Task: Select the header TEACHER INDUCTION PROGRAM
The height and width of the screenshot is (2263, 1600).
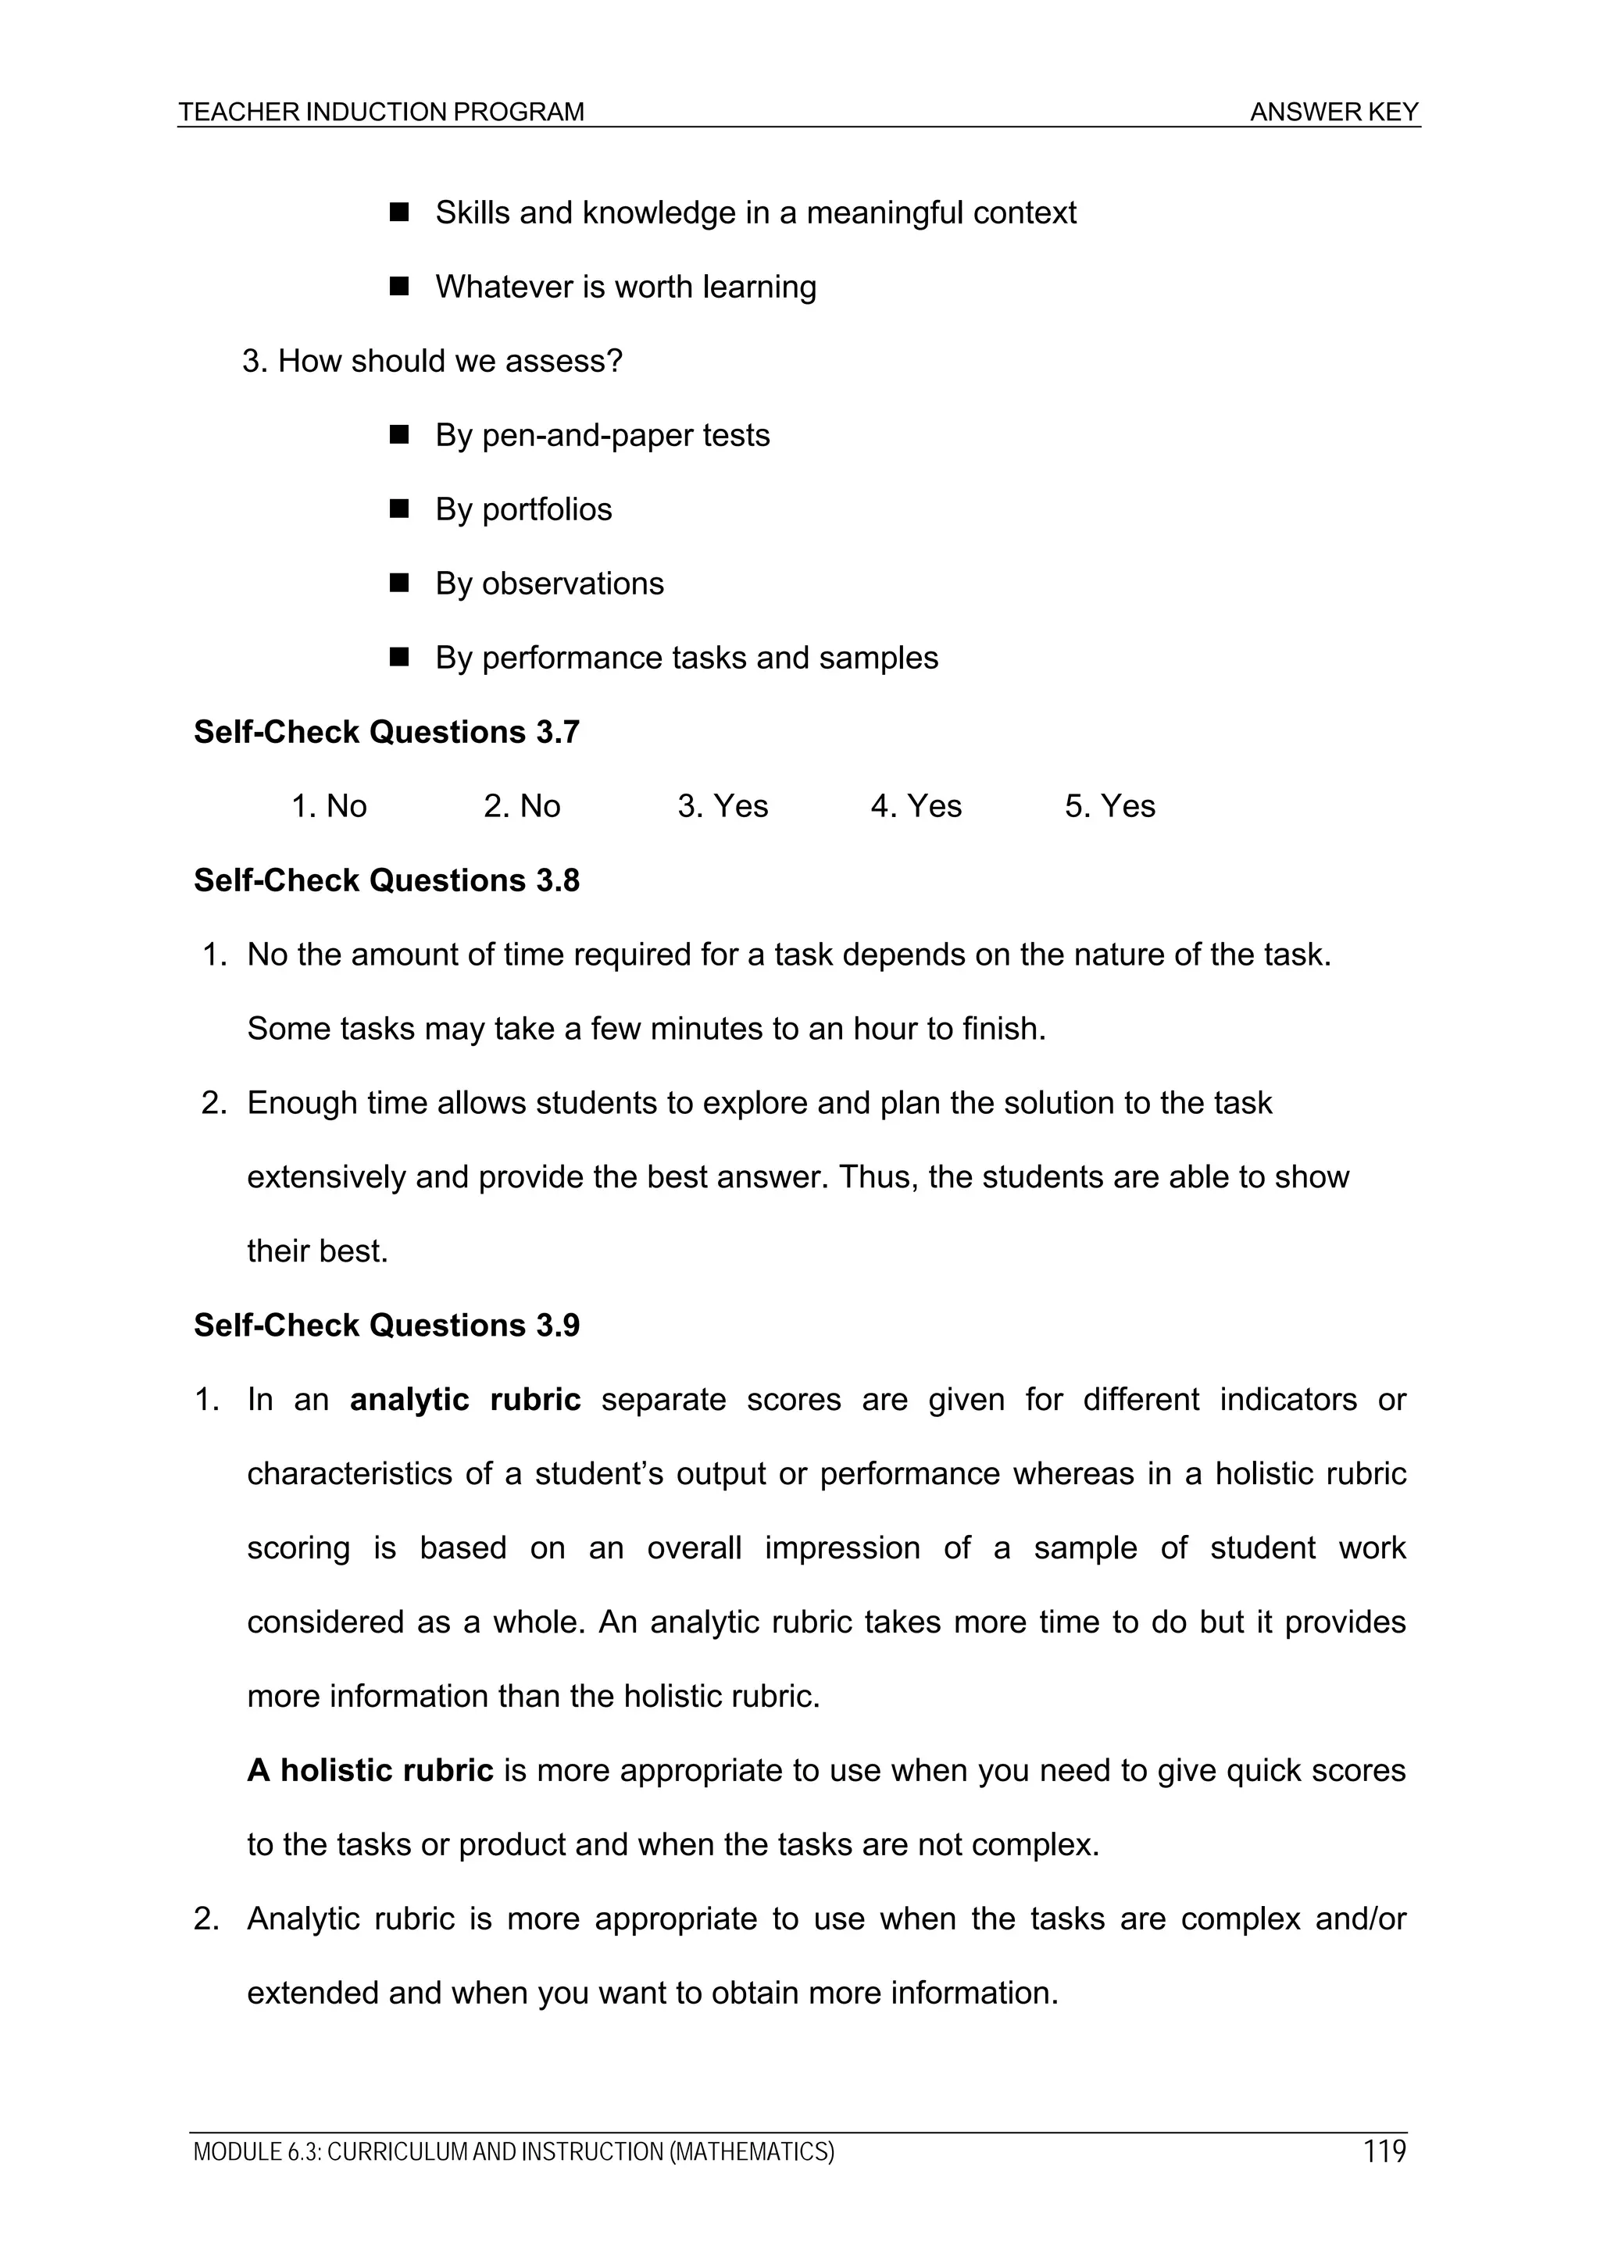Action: [x=381, y=112]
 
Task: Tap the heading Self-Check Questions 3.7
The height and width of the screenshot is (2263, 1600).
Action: [x=387, y=731]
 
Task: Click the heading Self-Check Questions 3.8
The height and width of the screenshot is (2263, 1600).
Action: [x=387, y=880]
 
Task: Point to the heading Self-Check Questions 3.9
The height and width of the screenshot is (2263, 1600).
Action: [x=387, y=1325]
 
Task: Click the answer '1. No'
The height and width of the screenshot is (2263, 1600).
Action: [x=329, y=806]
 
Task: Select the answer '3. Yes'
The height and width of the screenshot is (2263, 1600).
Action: [x=723, y=806]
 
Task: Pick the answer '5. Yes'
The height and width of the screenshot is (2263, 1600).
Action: [x=1109, y=806]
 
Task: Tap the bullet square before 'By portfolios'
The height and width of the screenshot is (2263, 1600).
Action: [x=399, y=509]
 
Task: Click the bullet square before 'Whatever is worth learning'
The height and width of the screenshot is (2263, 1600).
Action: [x=399, y=287]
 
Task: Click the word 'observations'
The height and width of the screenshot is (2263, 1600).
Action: [x=572, y=584]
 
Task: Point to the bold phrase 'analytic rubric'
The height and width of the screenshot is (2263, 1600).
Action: [x=466, y=1400]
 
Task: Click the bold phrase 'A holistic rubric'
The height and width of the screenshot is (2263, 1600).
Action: [x=370, y=1770]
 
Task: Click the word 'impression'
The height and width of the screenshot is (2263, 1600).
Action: [x=842, y=1547]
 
